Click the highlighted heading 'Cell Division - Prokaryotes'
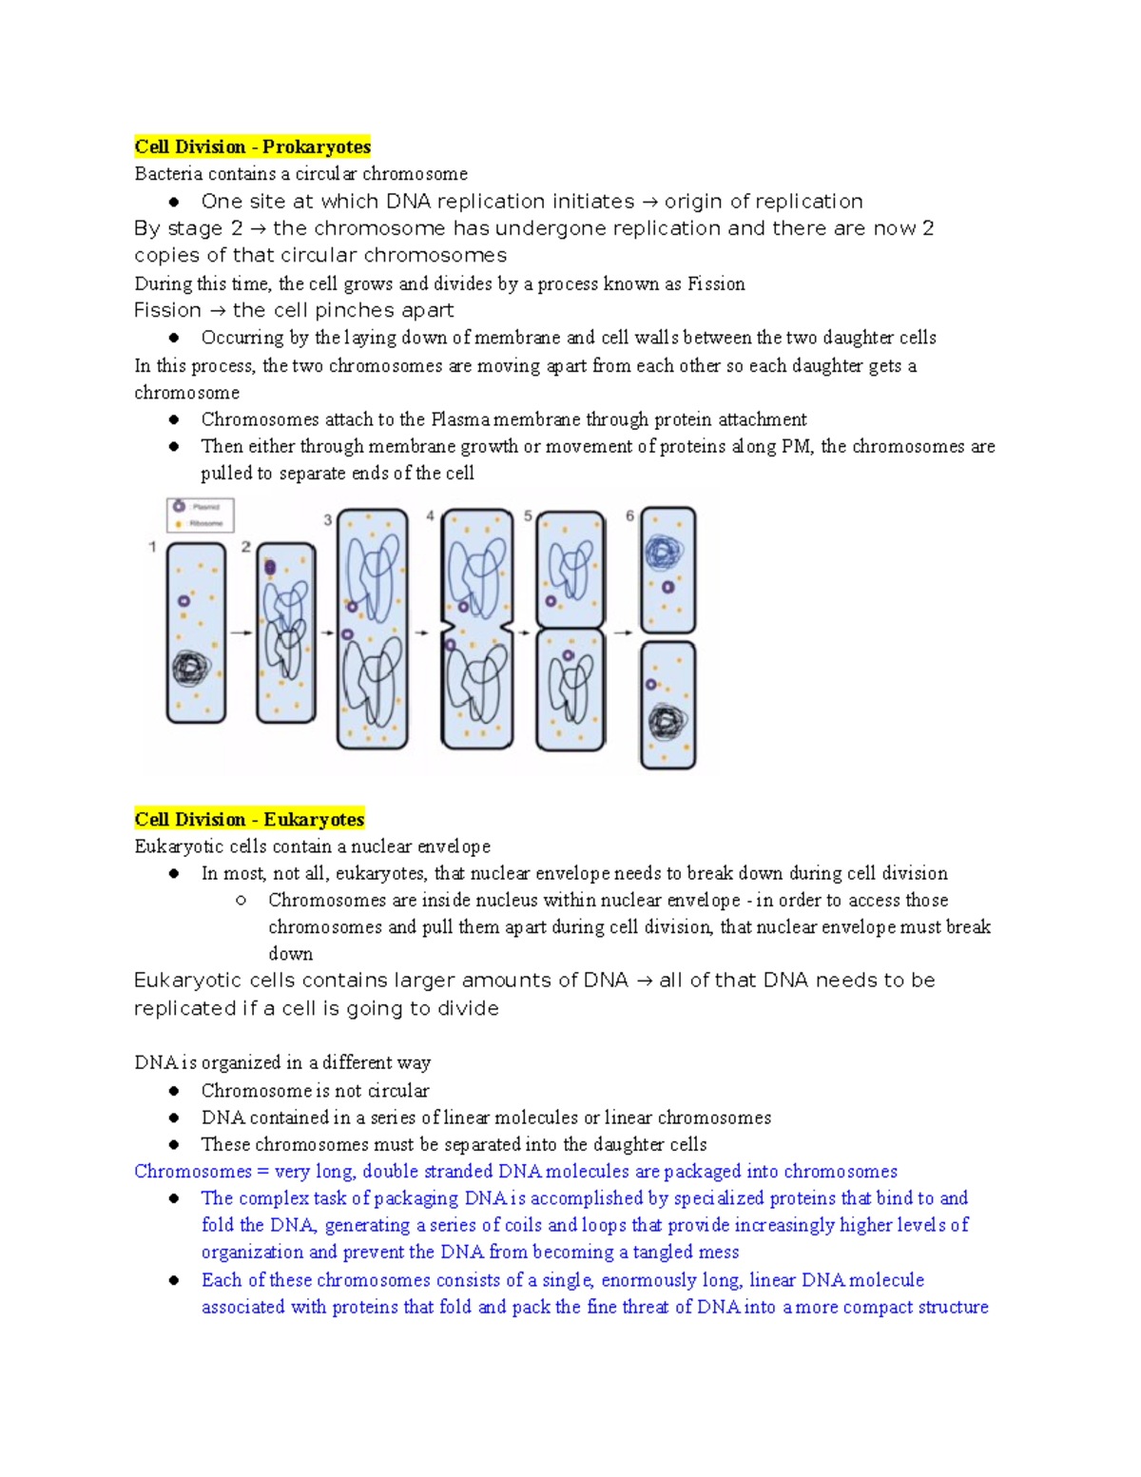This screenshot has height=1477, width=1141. coord(252,146)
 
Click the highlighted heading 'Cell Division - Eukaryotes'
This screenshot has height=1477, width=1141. coord(249,819)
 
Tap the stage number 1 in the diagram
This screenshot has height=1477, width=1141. coord(152,547)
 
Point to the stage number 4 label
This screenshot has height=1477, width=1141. coord(430,516)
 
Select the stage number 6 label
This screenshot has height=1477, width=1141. coord(629,516)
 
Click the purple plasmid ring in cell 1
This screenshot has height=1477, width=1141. coord(184,601)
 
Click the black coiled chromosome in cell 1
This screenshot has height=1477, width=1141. coord(191,669)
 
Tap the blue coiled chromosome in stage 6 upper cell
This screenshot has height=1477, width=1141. coord(665,552)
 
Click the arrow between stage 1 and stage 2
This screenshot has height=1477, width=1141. coord(242,632)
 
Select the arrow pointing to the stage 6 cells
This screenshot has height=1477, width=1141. coord(623,632)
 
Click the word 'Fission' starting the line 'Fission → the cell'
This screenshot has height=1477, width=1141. coord(167,310)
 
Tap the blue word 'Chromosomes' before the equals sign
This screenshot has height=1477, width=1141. coord(193,1171)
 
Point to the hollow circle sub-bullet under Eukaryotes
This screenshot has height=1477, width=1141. coord(242,900)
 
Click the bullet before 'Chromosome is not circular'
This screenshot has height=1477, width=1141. coord(174,1091)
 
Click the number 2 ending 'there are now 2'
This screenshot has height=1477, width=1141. coord(928,228)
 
